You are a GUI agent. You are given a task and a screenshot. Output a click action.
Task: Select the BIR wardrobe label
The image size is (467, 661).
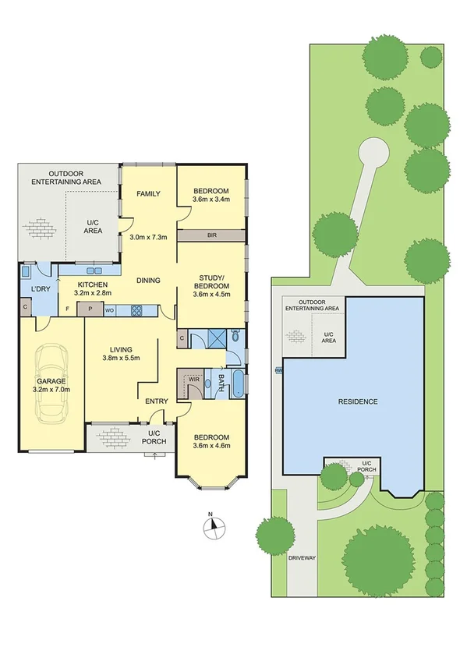[211, 234]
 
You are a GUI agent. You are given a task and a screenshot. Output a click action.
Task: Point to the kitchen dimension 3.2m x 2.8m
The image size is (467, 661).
[94, 293]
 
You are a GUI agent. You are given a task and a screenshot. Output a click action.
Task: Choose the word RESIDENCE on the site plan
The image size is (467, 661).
[357, 401]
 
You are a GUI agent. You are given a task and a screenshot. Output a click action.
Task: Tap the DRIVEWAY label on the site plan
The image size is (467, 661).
[301, 558]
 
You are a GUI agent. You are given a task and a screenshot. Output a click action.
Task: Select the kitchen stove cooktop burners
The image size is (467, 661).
[136, 309]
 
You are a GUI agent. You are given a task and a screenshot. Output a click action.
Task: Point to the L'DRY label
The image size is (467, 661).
[40, 290]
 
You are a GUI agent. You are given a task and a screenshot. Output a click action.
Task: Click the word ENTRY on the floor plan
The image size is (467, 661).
[156, 401]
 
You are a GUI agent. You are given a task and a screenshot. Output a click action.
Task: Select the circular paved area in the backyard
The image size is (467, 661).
[372, 151]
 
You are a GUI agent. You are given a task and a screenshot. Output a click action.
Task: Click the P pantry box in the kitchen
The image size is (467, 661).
[90, 309]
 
